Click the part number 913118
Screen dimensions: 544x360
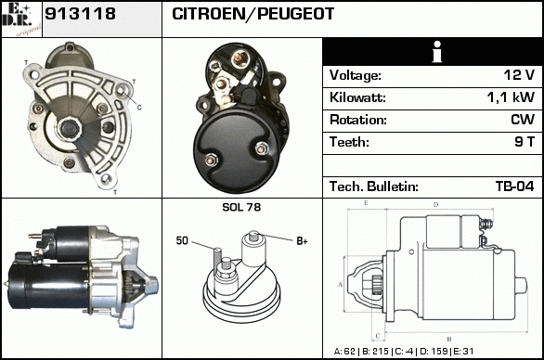pos(80,14)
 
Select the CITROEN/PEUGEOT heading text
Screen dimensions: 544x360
pos(253,14)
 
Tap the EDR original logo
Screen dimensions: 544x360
pos(21,19)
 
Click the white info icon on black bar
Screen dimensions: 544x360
pos(437,52)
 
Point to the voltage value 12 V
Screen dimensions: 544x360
pos(519,75)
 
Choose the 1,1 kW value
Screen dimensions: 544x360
pos(511,97)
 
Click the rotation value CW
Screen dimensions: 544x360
pos(523,120)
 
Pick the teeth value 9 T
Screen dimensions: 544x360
pos(525,142)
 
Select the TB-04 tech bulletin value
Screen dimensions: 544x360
pos(515,186)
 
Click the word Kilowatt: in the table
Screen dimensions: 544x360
pos(357,97)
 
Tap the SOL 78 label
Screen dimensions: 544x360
pos(241,207)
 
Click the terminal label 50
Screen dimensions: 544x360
pos(182,240)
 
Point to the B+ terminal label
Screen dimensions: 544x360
pos(302,240)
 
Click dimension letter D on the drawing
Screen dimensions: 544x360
pos(435,205)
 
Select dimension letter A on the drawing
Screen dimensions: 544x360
pos(341,285)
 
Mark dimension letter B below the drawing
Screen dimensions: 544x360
pos(449,339)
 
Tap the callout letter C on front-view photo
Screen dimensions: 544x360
pos(139,108)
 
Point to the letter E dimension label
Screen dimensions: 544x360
pos(366,203)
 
